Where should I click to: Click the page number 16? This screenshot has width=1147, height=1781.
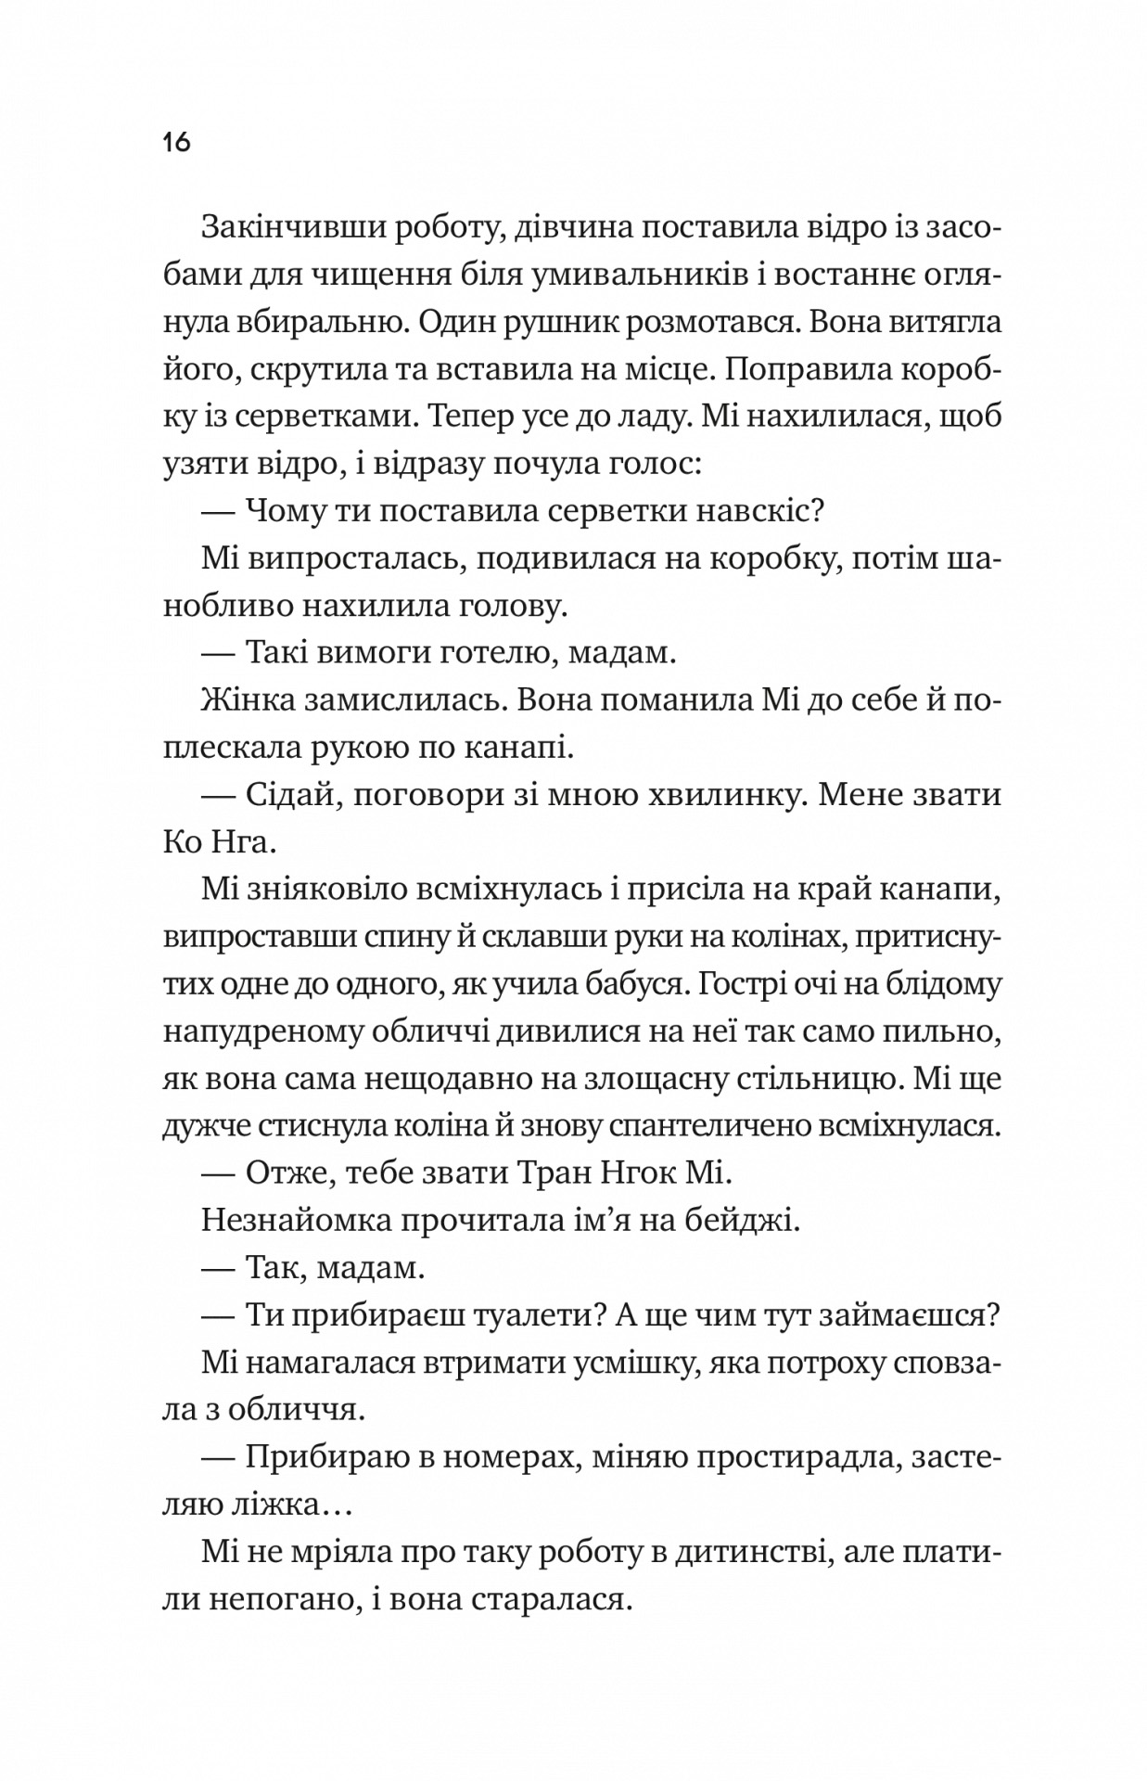pos(176,142)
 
